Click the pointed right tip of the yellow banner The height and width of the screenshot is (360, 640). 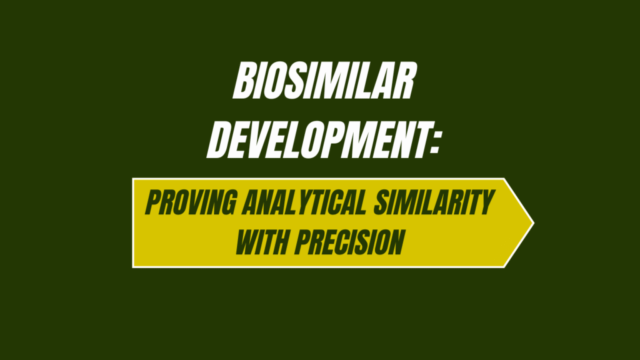[x=532, y=222]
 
